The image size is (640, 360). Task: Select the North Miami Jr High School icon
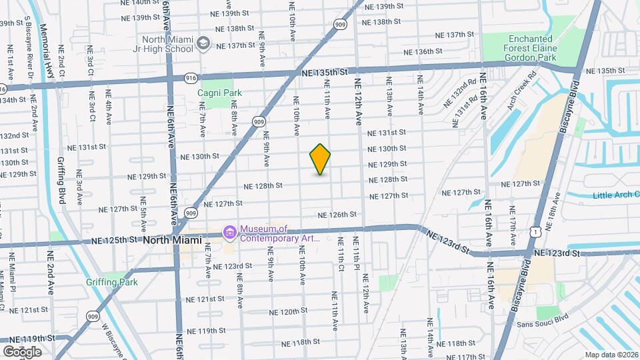tap(202, 45)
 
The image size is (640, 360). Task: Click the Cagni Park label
tap(219, 93)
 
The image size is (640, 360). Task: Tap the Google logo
tap(22, 351)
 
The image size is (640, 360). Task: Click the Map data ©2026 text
tap(611, 355)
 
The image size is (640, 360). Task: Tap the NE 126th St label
tap(337, 215)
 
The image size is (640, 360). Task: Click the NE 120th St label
tap(288, 311)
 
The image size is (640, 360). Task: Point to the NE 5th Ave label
tap(142, 211)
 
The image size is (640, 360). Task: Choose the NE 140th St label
tap(138, 3)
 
